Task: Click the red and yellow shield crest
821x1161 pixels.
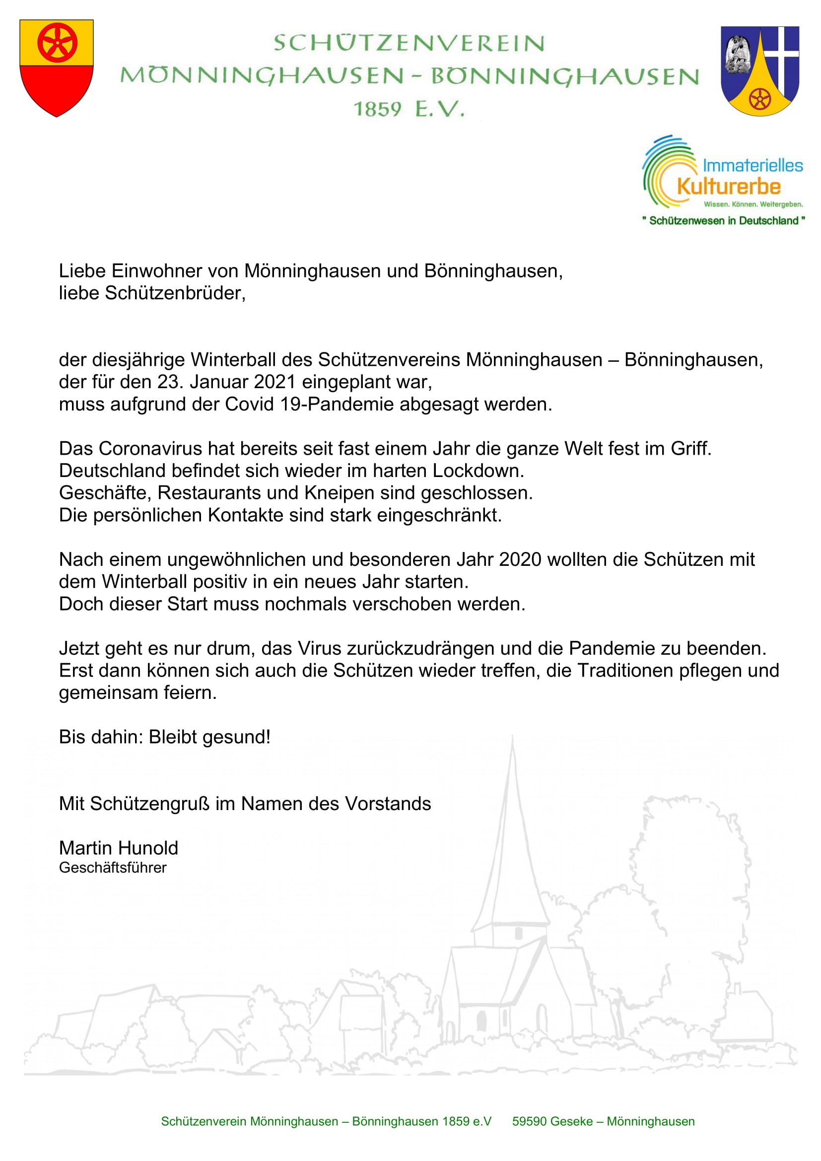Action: coord(56,68)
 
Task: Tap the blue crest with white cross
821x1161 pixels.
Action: coord(759,71)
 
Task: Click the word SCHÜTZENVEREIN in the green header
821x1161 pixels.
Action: coord(409,44)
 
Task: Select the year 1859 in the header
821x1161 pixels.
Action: coord(377,109)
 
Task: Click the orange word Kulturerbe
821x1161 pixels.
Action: coord(729,187)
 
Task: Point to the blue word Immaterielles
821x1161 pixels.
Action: coord(752,165)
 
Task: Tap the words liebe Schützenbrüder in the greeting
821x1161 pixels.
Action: coord(152,293)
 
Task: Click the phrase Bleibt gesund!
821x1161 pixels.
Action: coord(209,737)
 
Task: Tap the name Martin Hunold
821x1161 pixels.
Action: coord(118,848)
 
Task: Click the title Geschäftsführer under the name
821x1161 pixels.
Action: coord(113,868)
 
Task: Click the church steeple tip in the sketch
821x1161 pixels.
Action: coord(512,739)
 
